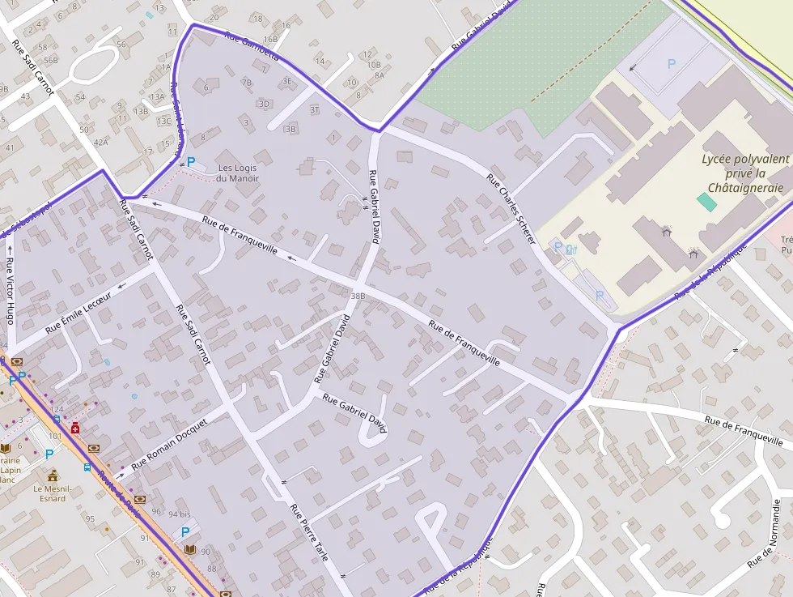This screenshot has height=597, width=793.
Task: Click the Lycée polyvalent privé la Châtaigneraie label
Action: (744, 173)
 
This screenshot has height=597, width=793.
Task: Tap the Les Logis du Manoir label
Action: (239, 173)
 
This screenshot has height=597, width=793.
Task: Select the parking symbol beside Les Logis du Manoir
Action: (191, 162)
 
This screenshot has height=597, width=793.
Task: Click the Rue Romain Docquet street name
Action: (169, 444)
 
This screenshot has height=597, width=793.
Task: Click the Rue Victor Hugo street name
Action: (10, 290)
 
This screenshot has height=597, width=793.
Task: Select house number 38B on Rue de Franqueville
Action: (358, 296)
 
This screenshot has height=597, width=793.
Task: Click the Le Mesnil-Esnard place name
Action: (53, 493)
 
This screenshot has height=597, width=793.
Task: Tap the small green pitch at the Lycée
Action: (706, 203)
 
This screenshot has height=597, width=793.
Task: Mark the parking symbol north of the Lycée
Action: (671, 63)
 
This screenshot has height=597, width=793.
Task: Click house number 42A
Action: (100, 143)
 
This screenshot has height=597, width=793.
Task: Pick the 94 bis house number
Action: (180, 514)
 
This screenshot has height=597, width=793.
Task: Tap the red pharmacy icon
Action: (75, 428)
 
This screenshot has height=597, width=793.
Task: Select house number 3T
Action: (314, 109)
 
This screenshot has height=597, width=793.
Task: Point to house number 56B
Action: (51, 60)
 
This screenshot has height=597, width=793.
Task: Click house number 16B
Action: (269, 38)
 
